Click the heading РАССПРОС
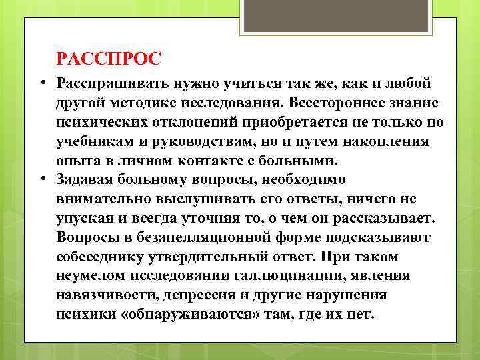tap(109, 59)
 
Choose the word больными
tap(303, 161)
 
